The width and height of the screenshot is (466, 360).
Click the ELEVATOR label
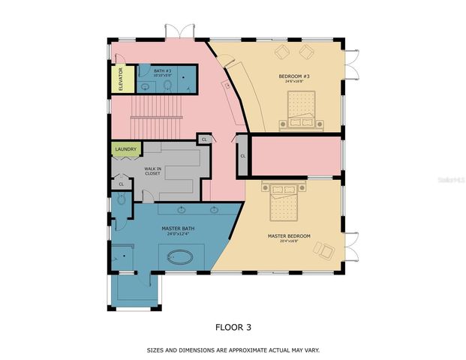(121, 79)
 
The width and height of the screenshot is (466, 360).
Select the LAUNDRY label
(126, 149)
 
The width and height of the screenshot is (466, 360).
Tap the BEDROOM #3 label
(293, 76)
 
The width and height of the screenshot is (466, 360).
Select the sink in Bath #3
(146, 86)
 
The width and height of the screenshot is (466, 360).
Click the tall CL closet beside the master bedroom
(242, 156)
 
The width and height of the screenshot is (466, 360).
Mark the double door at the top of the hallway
(178, 31)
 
